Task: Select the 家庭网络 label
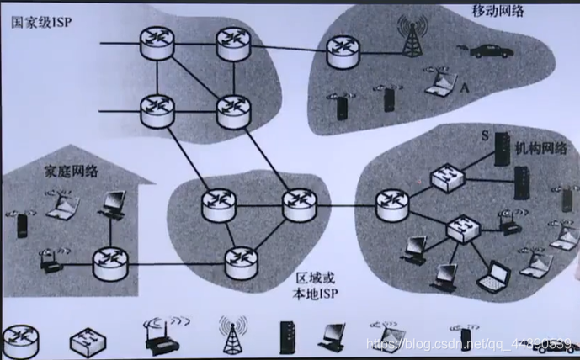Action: pos(72,172)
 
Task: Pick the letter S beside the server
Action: pos(487,135)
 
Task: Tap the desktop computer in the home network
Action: pos(113,203)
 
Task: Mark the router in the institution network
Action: pos(391,203)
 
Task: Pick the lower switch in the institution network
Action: pos(461,228)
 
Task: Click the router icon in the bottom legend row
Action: pos(21,338)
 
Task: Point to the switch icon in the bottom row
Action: pos(88,339)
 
